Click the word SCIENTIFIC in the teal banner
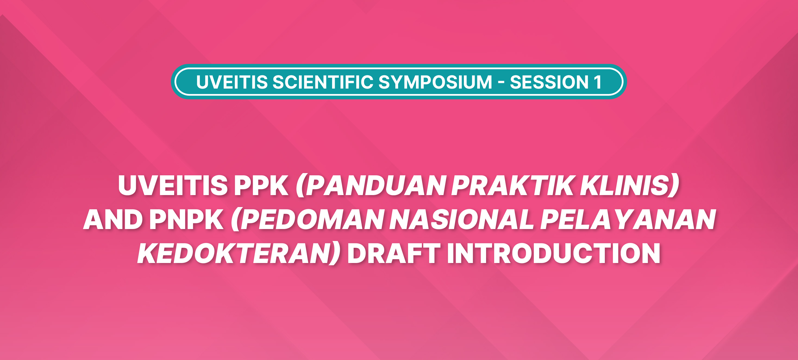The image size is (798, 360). [x=323, y=82]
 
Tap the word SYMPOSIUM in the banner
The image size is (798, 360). [x=435, y=82]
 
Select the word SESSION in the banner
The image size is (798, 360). [x=549, y=82]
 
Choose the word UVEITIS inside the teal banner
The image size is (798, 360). [x=232, y=82]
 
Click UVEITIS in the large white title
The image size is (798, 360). [x=173, y=185]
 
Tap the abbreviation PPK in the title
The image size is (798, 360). [x=261, y=185]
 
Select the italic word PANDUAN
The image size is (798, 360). [x=376, y=185]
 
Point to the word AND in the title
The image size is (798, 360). [x=113, y=219]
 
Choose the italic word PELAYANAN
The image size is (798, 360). [x=628, y=219]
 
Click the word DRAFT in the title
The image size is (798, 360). [x=393, y=253]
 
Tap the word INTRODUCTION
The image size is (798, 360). [x=553, y=253]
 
